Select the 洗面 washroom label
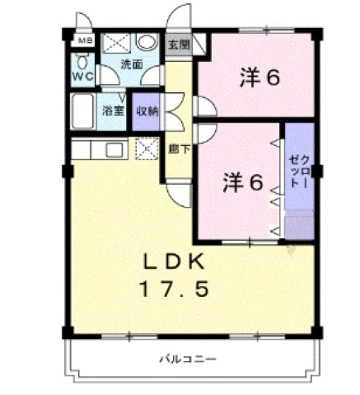(x=130, y=63)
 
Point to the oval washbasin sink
(x=147, y=43)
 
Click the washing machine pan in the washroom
(x=116, y=43)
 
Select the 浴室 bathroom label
(x=113, y=109)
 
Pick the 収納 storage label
(x=147, y=109)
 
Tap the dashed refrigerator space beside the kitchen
(x=147, y=149)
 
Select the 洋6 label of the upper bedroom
(x=261, y=78)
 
